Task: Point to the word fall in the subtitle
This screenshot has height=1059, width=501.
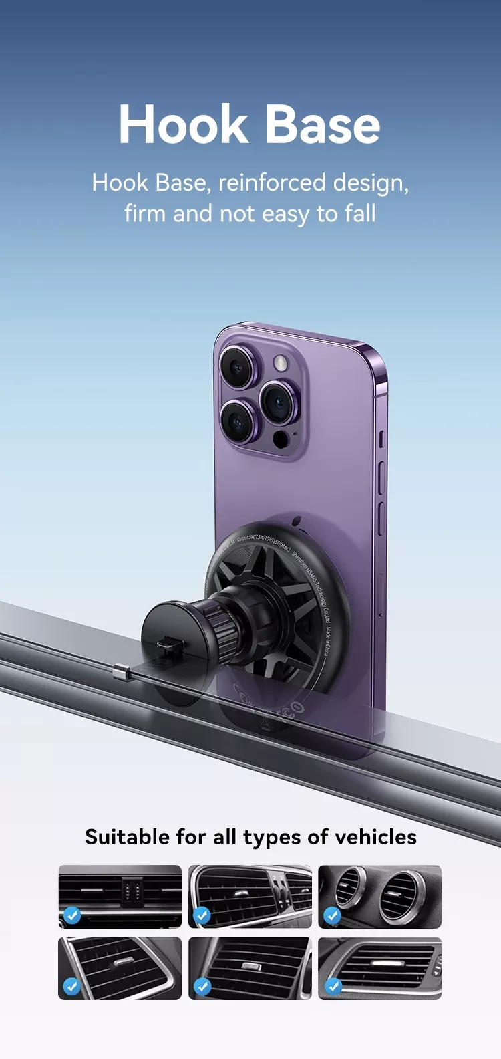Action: tap(360, 213)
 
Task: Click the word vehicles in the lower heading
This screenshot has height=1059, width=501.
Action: tap(375, 836)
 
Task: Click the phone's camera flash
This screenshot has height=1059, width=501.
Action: tap(280, 364)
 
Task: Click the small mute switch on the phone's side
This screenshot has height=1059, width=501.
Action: tap(381, 439)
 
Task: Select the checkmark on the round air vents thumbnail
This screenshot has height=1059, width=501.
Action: tap(332, 915)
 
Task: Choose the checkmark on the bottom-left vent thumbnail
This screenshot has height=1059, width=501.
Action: tap(71, 986)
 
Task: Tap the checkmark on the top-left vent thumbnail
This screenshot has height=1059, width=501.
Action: tap(71, 915)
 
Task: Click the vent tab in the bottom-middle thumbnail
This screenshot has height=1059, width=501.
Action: tap(251, 966)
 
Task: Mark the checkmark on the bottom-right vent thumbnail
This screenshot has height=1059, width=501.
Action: tap(332, 986)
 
